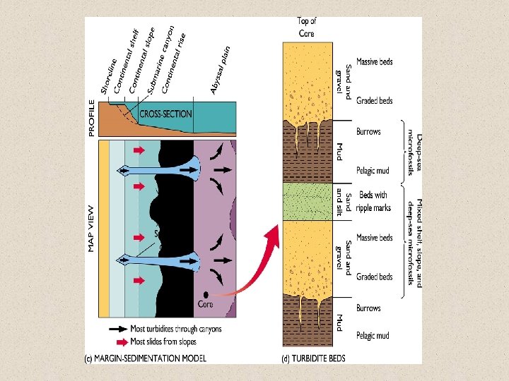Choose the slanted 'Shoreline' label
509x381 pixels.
107,77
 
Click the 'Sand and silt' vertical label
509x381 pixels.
343,201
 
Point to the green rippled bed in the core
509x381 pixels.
307,201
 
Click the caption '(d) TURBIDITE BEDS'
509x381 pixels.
313,358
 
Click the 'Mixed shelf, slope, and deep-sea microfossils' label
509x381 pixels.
415,233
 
